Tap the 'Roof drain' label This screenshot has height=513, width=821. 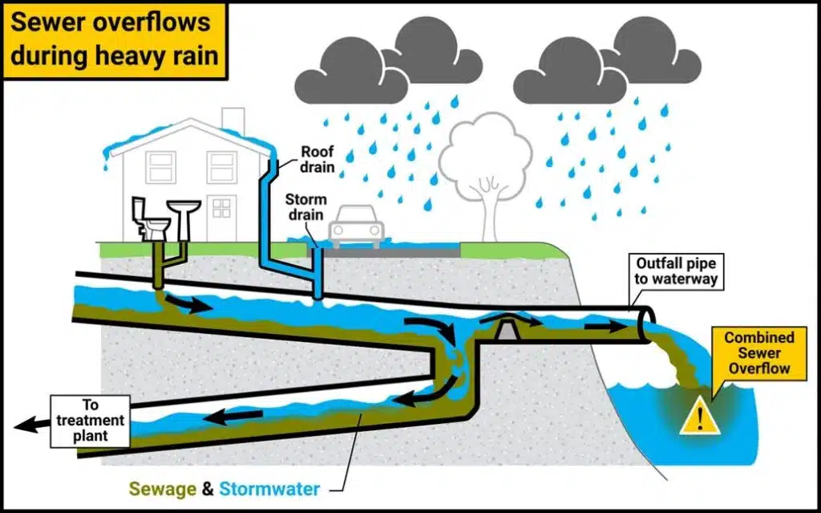[317, 160]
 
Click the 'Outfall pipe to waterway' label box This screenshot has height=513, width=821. [676, 271]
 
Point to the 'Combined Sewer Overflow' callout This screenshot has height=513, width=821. [758, 352]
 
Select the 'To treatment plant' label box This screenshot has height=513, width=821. [91, 421]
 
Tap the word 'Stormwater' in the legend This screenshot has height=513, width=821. [269, 489]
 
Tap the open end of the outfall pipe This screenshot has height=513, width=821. [645, 325]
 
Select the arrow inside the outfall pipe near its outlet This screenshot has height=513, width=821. [606, 328]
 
